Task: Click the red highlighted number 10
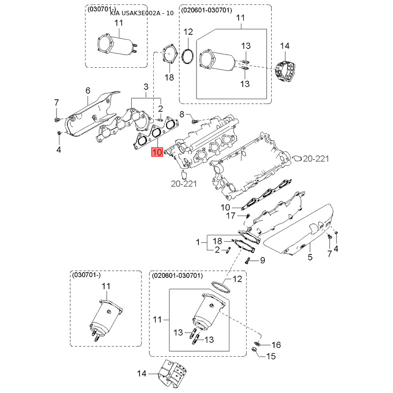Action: coord(157,152)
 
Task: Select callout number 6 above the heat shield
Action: coord(88,90)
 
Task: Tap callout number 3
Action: coord(145,87)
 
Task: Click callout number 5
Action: coord(310,256)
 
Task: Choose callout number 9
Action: coord(262,260)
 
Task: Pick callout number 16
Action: coord(276,344)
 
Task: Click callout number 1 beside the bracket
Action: coord(198,242)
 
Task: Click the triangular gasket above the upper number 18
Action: coord(169,55)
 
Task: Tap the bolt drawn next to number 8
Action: coord(193,119)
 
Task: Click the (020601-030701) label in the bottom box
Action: coord(178,276)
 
